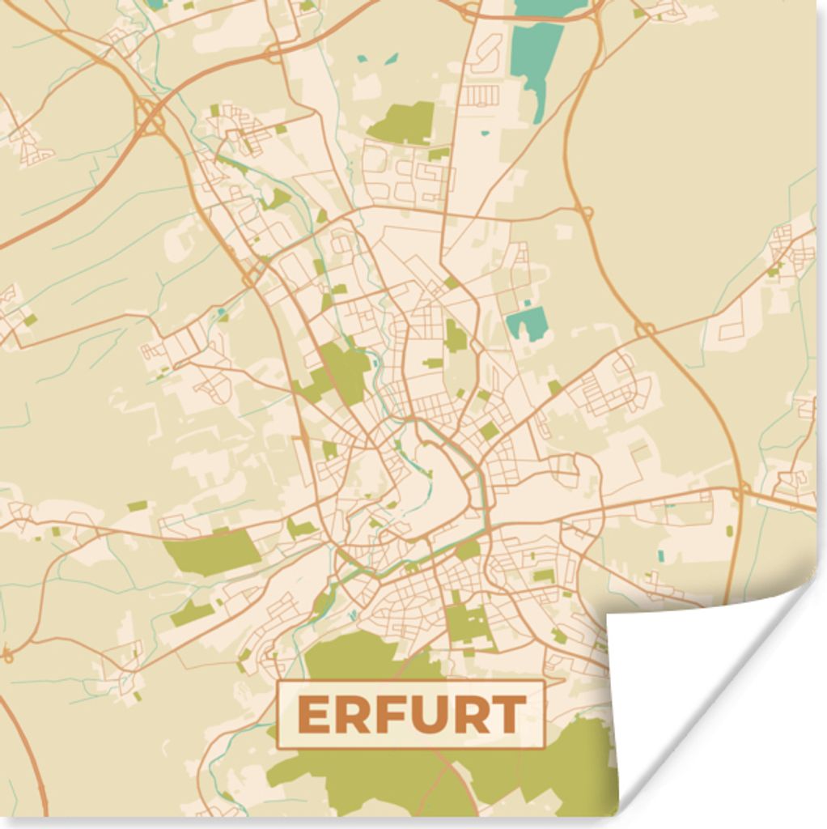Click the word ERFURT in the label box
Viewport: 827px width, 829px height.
coord(411,715)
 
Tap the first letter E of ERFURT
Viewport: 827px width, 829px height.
coord(312,715)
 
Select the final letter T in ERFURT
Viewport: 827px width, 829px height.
coord(509,715)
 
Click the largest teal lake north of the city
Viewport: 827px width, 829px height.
coord(536,57)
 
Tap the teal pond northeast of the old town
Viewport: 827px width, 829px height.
coord(526,323)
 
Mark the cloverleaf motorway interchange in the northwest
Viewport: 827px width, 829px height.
coord(150,118)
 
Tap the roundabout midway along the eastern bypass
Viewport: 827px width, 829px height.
coord(645,329)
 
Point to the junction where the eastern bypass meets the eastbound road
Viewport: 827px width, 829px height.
coord(740,491)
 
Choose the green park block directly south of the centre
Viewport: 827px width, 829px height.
coord(469,623)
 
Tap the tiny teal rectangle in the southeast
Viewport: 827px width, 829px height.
coord(660,555)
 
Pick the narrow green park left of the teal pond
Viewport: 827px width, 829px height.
coord(456,335)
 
